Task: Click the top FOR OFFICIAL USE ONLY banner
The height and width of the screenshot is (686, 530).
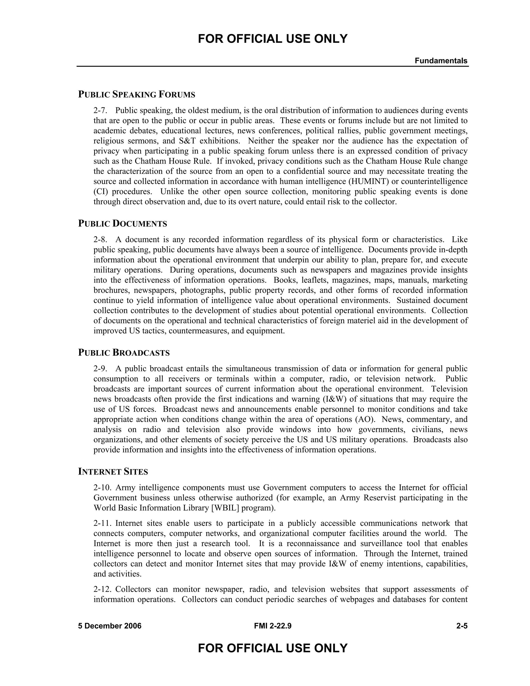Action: pyautogui.click(x=273, y=39)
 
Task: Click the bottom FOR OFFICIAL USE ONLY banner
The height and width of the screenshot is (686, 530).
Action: pyautogui.click(x=273, y=648)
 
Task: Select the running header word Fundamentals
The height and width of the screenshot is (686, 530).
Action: pyautogui.click(x=441, y=61)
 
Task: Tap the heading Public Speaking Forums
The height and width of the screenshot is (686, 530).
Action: pyautogui.click(x=137, y=94)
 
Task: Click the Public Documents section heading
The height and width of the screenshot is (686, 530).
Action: pyautogui.click(x=122, y=224)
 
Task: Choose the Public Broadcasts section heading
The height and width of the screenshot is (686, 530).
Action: pyautogui.click(x=124, y=353)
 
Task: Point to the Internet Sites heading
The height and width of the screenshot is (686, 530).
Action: pyautogui.click(x=113, y=472)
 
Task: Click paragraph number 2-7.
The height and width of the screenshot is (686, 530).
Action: pyautogui.click(x=100, y=111)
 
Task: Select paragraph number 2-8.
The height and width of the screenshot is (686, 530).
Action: pyautogui.click(x=100, y=240)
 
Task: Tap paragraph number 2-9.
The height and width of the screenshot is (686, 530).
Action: pyautogui.click(x=100, y=369)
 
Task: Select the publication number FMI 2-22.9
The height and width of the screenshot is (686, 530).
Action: pyautogui.click(x=273, y=626)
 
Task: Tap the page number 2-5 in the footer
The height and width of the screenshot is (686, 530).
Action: pyautogui.click(x=462, y=626)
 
